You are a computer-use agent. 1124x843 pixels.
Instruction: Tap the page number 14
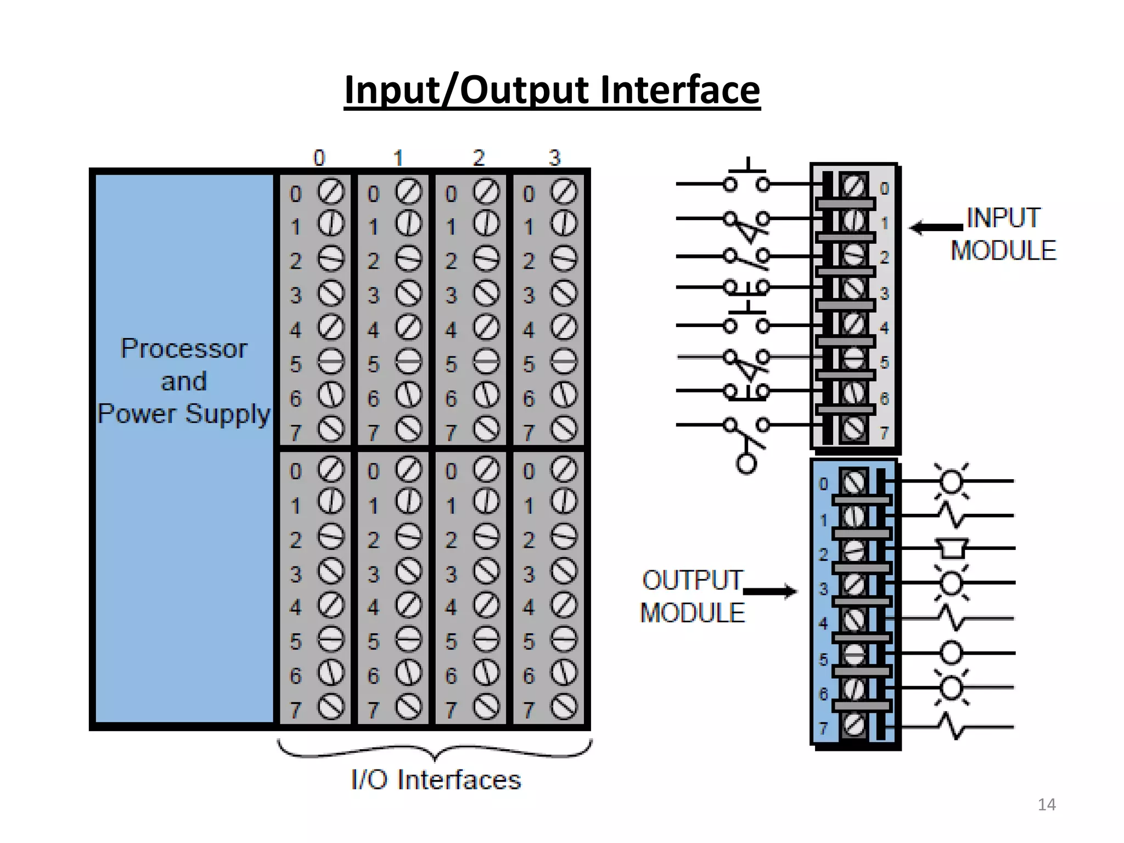(1047, 805)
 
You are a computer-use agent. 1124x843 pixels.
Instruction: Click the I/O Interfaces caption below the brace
(436, 780)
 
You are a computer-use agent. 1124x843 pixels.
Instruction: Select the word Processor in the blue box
(184, 349)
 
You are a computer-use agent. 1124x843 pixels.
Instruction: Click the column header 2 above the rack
(479, 158)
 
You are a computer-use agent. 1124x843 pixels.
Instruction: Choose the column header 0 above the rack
(319, 158)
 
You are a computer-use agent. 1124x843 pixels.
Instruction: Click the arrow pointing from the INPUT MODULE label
(936, 227)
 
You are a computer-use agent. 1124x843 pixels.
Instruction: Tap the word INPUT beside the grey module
(1003, 218)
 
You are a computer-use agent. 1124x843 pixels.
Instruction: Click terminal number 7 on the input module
(884, 434)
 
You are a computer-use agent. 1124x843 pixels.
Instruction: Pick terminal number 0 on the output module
(823, 484)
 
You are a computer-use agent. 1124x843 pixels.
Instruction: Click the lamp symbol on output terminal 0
(952, 481)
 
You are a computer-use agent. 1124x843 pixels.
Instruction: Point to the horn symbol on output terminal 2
(952, 548)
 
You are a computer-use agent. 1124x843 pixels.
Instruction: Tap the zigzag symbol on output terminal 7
(954, 726)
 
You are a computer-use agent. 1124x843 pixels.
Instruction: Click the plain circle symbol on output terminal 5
(952, 653)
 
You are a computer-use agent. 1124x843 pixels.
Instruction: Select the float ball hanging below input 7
(746, 464)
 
